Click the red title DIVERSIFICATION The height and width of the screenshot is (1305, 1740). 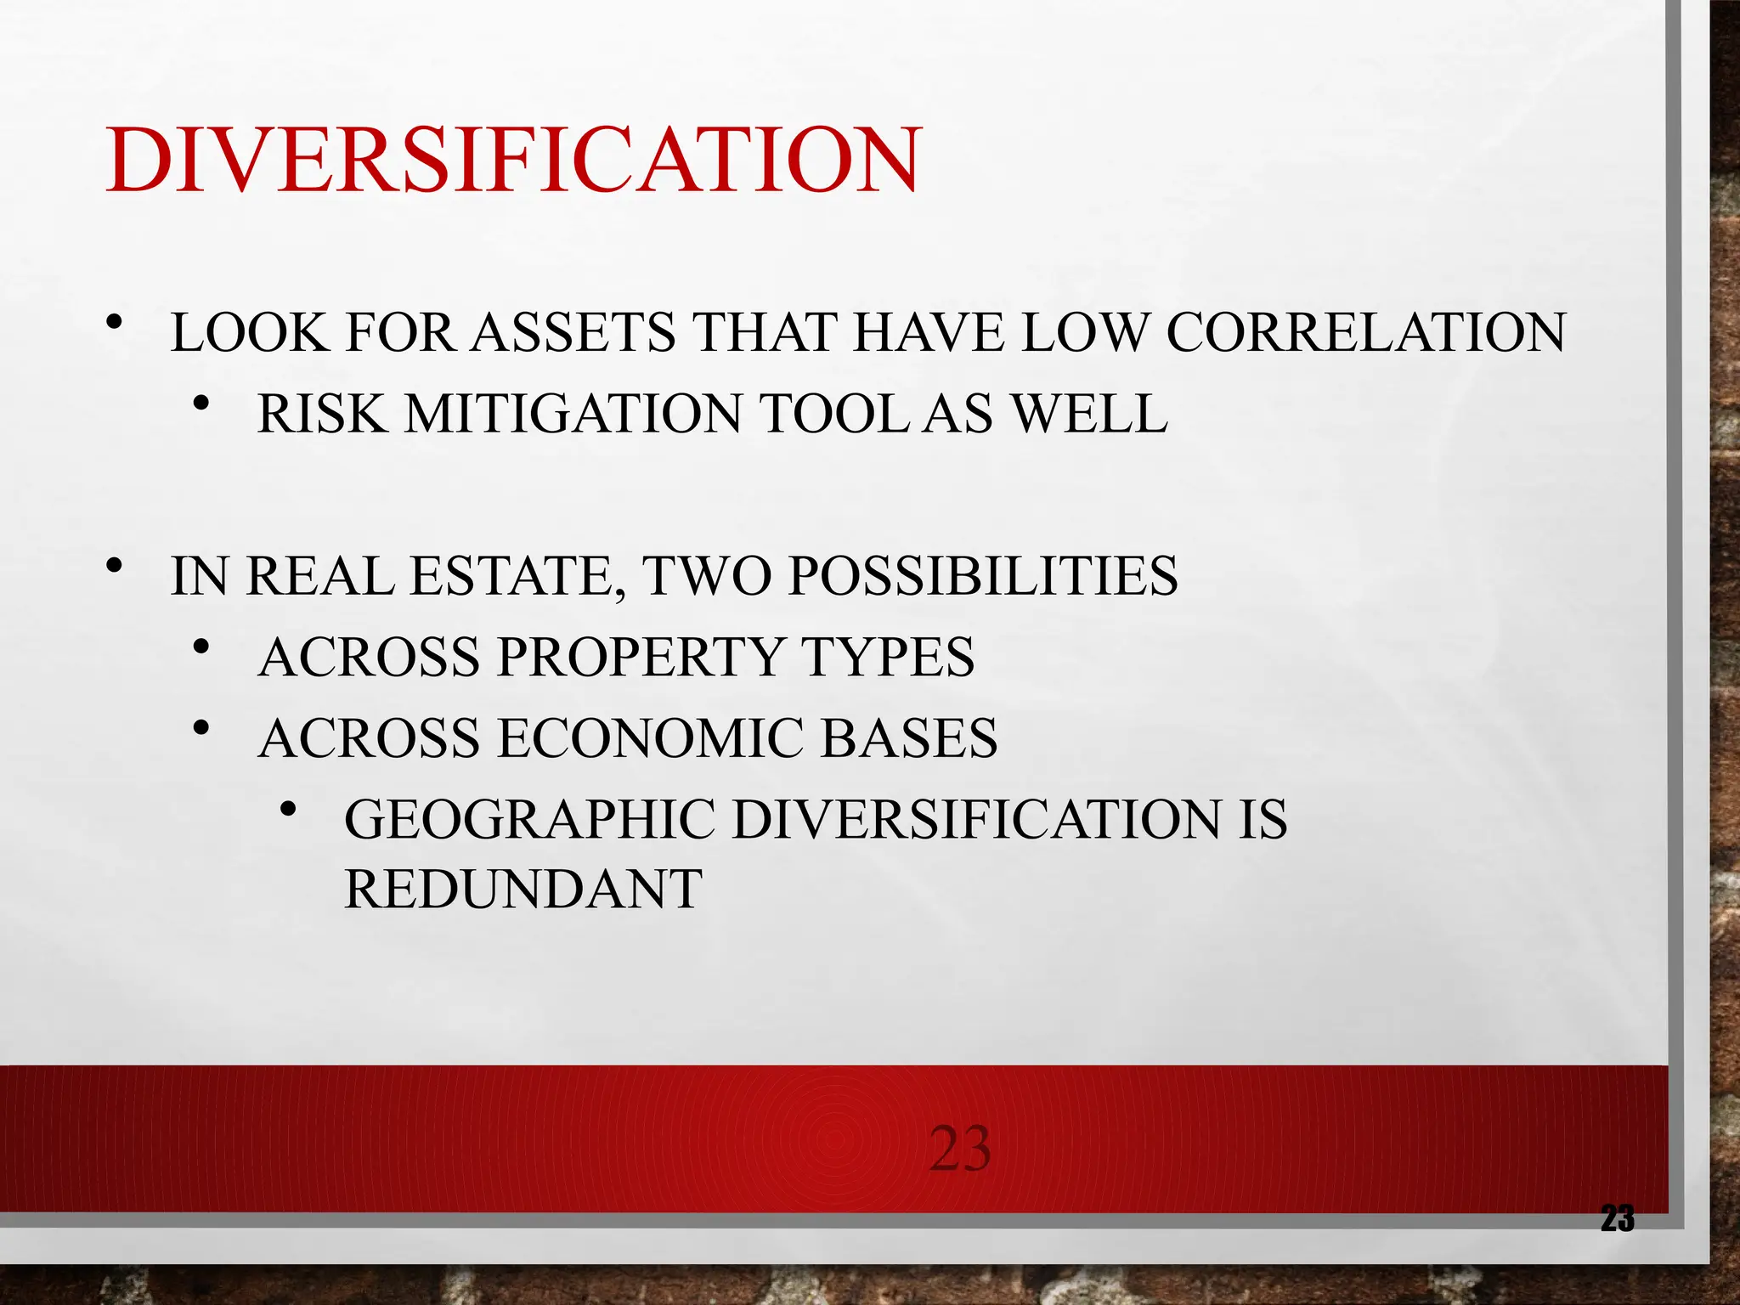pos(512,161)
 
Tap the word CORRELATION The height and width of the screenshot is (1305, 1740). pos(1365,332)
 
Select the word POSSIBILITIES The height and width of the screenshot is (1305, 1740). pos(983,576)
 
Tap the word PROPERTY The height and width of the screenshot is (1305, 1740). pos(638,657)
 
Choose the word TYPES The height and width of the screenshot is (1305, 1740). pos(888,657)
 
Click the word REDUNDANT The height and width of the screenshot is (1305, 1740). pos(523,890)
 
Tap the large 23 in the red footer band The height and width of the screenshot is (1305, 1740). pos(959,1150)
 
